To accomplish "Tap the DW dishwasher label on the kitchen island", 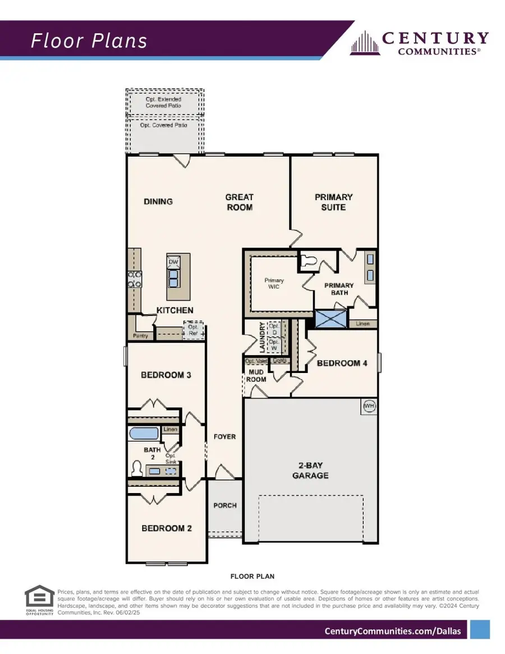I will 173,262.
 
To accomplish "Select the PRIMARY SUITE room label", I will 333,202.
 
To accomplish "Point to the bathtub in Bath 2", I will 144,433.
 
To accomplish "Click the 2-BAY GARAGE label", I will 311,470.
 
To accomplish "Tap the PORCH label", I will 225,505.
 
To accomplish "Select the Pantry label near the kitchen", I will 140,336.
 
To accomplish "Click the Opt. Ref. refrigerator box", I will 194,330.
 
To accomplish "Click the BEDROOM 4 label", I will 342,363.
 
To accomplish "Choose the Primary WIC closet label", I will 274,283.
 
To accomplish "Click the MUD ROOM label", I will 256,375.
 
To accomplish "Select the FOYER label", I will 225,436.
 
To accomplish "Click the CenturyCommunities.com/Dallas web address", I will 393,631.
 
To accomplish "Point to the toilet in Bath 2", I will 136,468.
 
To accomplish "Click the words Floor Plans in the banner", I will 89,41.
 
